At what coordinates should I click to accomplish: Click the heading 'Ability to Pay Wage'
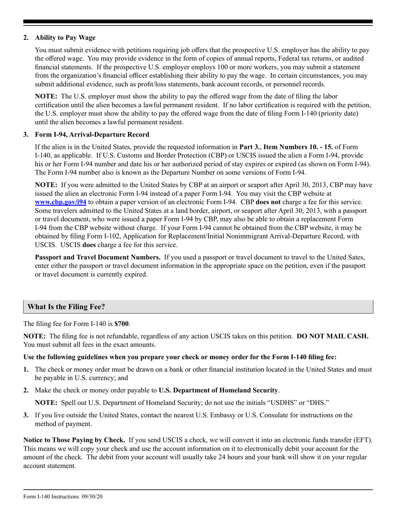click(65, 38)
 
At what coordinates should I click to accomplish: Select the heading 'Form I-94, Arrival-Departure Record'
click(92, 135)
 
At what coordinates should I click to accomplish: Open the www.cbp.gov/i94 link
click(61, 201)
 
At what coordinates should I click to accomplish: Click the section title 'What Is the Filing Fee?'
click(66, 307)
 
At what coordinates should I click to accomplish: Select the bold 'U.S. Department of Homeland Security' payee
click(218, 390)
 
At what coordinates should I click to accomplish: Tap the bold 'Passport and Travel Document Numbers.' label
click(98, 257)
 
